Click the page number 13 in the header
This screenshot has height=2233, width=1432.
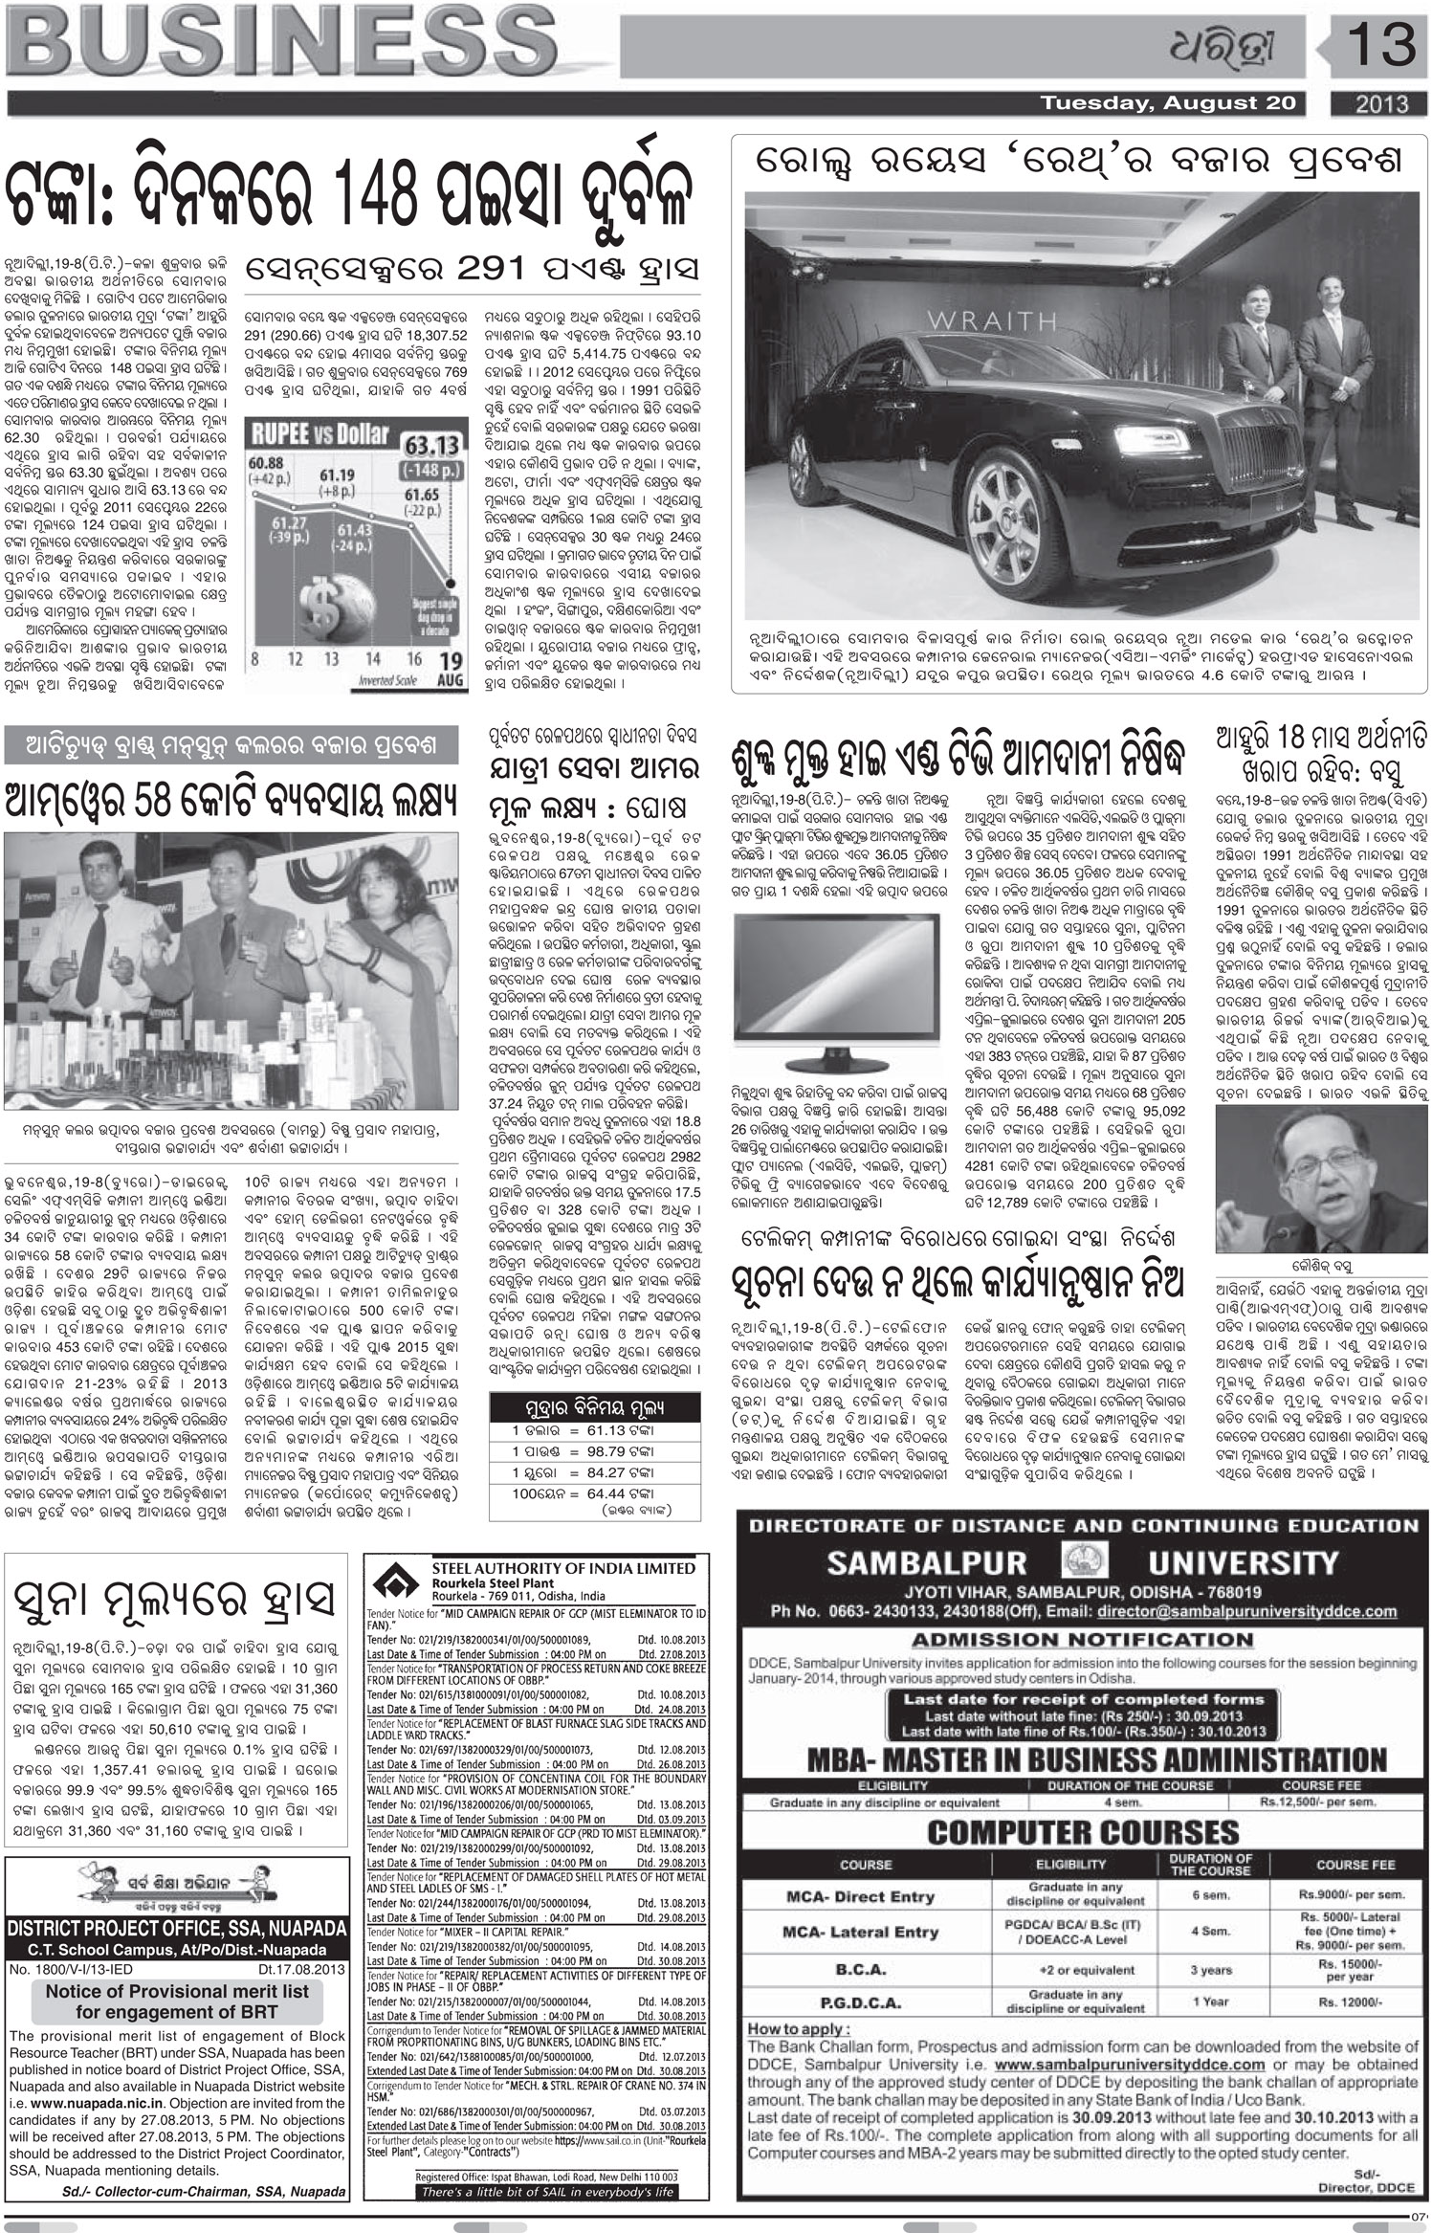1377,45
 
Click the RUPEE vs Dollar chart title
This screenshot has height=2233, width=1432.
320,434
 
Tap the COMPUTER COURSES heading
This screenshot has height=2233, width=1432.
1082,1832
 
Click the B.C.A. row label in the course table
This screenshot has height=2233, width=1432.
862,1942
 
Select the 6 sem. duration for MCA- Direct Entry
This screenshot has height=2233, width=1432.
1210,1895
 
